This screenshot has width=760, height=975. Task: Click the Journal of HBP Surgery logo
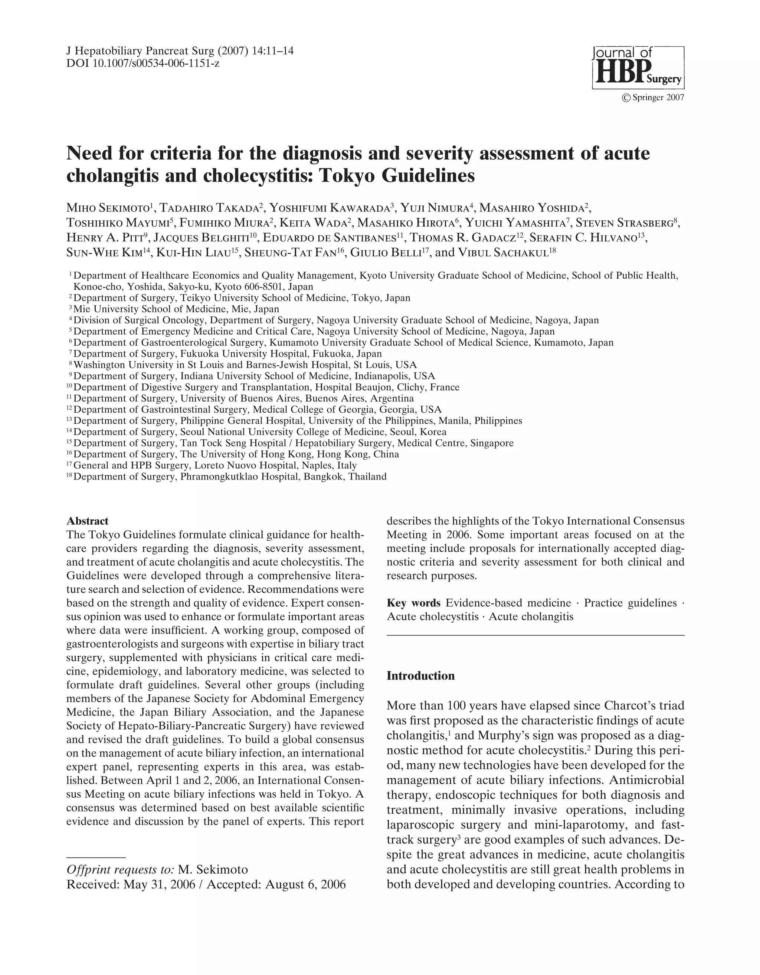point(638,67)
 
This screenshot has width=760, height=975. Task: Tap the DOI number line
point(142,63)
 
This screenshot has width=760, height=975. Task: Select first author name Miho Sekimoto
point(109,208)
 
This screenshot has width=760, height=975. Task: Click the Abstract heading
point(87,521)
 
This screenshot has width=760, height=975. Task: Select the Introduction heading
point(420,675)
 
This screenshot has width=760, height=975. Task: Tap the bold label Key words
point(413,603)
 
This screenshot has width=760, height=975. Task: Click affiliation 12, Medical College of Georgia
point(257,409)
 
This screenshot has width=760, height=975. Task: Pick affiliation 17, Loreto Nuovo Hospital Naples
point(214,465)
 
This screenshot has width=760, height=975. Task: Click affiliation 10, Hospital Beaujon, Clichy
point(266,387)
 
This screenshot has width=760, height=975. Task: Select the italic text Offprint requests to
point(120,869)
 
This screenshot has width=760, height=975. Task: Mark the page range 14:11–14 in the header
point(272,51)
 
